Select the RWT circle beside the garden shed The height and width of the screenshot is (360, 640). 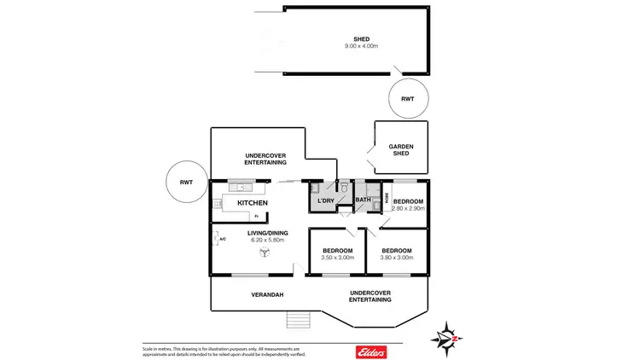[x=407, y=99]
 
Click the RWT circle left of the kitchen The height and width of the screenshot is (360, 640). [x=185, y=182]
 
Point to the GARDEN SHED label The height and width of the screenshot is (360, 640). [x=400, y=149]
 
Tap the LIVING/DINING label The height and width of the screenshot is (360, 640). [x=267, y=233]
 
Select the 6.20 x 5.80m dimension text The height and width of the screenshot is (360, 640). [x=267, y=241]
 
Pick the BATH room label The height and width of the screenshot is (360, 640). [x=363, y=200]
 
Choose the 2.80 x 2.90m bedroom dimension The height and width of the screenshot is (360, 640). [x=407, y=208]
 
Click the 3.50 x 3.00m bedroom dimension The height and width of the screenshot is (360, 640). [x=337, y=258]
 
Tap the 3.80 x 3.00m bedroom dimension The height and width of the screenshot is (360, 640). [x=397, y=258]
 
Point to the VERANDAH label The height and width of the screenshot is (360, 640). [x=267, y=295]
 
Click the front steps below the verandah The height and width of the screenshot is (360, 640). [x=296, y=320]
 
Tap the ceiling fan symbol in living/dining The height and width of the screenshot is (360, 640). [x=265, y=252]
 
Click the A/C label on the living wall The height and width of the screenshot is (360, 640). [x=222, y=239]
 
